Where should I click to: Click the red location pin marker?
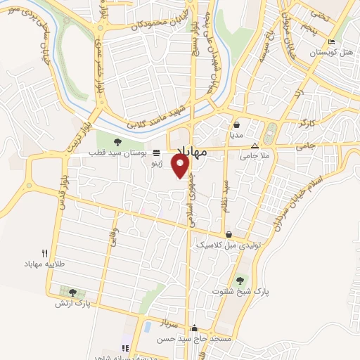point(181,167)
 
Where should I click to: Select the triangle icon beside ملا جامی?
point(255,146)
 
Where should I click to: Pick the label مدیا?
point(236,134)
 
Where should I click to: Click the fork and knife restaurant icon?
point(44,252)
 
